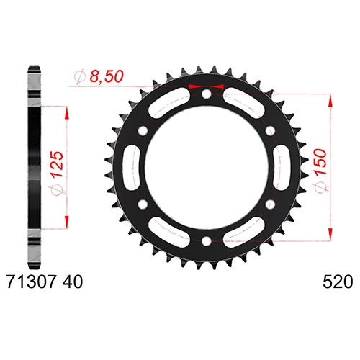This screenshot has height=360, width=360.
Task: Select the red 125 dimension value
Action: tap(58, 164)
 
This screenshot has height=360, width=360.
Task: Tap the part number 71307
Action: tap(32, 282)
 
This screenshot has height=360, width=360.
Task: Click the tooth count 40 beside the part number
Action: tap(73, 282)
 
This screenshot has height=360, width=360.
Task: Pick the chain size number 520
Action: tap(338, 282)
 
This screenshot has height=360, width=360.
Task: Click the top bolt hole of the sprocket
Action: tap(206, 94)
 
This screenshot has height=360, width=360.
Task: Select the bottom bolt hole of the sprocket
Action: tap(206, 241)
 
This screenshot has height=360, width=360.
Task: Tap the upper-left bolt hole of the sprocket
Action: tap(143, 130)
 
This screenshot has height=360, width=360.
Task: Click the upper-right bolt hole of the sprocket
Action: tap(270, 131)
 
